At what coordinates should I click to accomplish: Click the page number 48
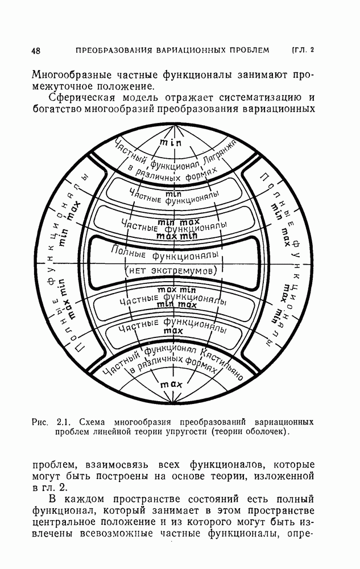pyautogui.click(x=36, y=51)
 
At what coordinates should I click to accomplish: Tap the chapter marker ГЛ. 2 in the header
pyautogui.click(x=303, y=50)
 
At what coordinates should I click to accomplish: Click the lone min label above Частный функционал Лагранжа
pyautogui.click(x=170, y=143)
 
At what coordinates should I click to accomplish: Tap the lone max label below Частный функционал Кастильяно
pyautogui.click(x=171, y=385)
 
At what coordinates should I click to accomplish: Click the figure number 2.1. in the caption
pyautogui.click(x=63, y=422)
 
